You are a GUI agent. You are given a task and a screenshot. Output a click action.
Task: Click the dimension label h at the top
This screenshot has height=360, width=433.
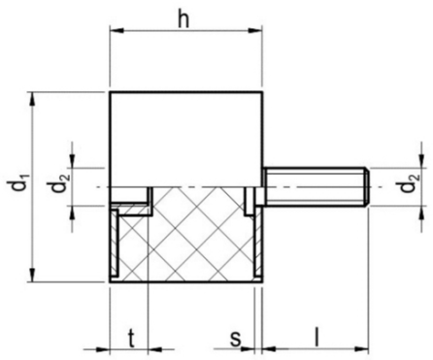click(184, 20)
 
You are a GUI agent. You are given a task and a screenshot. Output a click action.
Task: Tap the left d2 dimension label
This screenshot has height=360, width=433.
click(56, 186)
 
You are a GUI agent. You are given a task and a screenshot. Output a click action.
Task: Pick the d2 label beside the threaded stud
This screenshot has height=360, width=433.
click(410, 183)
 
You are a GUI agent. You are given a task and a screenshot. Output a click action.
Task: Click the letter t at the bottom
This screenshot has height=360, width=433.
click(131, 340)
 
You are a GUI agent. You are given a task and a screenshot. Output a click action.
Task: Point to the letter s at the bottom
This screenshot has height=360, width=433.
click(235, 340)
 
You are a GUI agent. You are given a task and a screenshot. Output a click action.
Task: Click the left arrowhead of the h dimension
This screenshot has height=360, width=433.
click(117, 31)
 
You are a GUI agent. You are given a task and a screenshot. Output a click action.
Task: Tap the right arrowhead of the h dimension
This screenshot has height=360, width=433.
click(255, 31)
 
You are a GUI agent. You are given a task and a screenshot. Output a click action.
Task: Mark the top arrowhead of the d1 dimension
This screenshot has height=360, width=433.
click(32, 99)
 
